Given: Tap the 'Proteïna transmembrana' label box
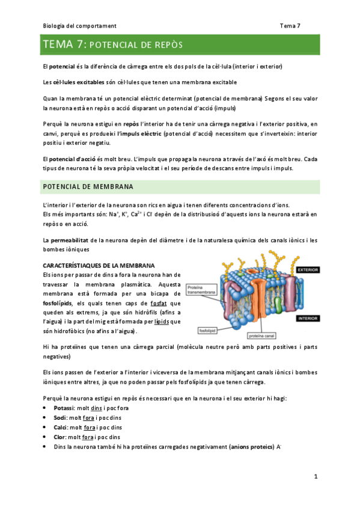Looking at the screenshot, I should pyautogui.click(x=200, y=290).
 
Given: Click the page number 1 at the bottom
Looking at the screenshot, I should pyautogui.click(x=315, y=477).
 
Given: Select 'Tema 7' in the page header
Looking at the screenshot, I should pyautogui.click(x=290, y=26).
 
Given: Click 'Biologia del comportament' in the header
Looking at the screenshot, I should pyautogui.click(x=80, y=26).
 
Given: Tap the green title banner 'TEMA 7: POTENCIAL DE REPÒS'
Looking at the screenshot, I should pyautogui.click(x=180, y=45).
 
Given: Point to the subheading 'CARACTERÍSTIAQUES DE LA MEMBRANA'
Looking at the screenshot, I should pyautogui.click(x=99, y=265).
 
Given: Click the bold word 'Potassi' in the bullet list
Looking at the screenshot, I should pyautogui.click(x=64, y=408).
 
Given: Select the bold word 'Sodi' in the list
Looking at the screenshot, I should pyautogui.click(x=60, y=418).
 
